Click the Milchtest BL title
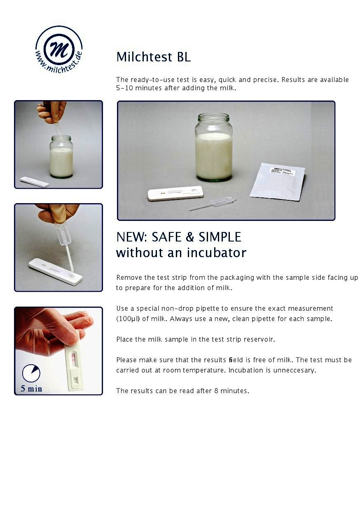pos(154,57)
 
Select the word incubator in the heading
pos(217,253)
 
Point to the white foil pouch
pos(277,181)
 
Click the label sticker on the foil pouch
pos(282,171)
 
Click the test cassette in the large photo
pos(175,193)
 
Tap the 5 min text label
pos(31,389)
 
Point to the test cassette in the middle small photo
pos(56,272)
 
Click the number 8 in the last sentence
pos(216,391)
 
